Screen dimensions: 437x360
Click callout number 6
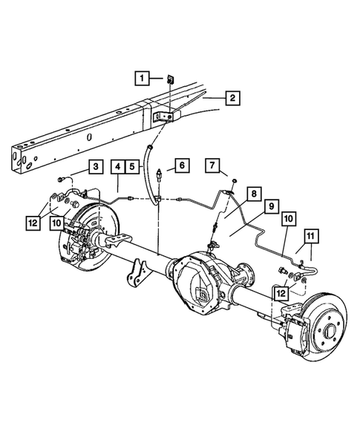[x=183, y=165]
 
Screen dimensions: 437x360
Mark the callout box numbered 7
[x=212, y=165]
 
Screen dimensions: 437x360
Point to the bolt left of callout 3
[x=60, y=178]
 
